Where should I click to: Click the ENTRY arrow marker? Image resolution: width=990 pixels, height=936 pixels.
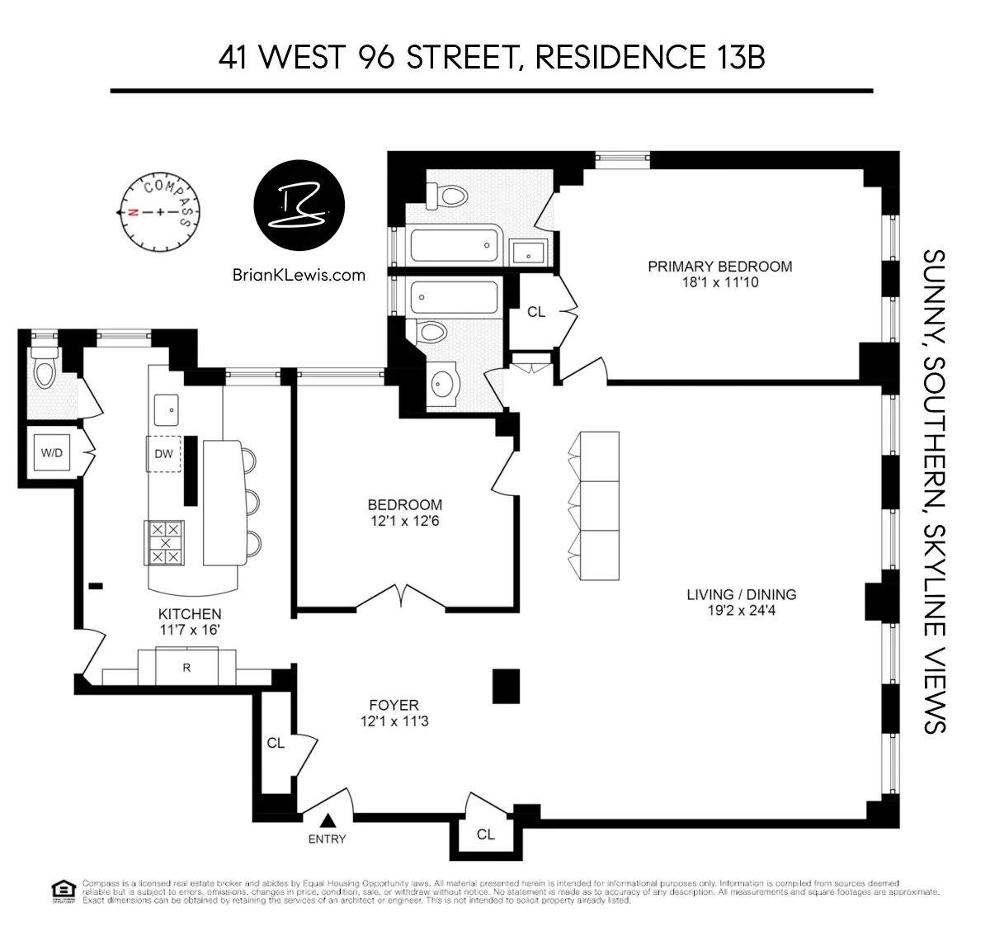tap(328, 820)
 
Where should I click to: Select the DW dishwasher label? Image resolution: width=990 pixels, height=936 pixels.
tap(163, 453)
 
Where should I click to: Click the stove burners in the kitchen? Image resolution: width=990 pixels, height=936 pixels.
tap(164, 542)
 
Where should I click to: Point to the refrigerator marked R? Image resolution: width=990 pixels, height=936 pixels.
tap(186, 668)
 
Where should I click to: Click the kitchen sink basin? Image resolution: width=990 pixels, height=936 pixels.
tap(167, 408)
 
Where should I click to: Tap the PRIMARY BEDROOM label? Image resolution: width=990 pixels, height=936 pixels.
tap(719, 266)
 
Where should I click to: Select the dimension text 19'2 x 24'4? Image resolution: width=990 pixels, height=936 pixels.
tap(742, 611)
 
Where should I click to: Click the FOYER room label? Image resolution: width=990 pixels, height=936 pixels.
tap(394, 705)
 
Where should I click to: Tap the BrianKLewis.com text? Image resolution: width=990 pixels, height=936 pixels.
tap(299, 275)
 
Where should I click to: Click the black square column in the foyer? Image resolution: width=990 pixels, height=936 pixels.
tap(506, 686)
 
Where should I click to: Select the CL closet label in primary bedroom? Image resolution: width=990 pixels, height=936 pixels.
tap(536, 311)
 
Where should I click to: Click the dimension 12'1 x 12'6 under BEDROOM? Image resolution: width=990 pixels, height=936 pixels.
tap(404, 521)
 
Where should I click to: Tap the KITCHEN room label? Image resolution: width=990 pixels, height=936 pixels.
tap(190, 613)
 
